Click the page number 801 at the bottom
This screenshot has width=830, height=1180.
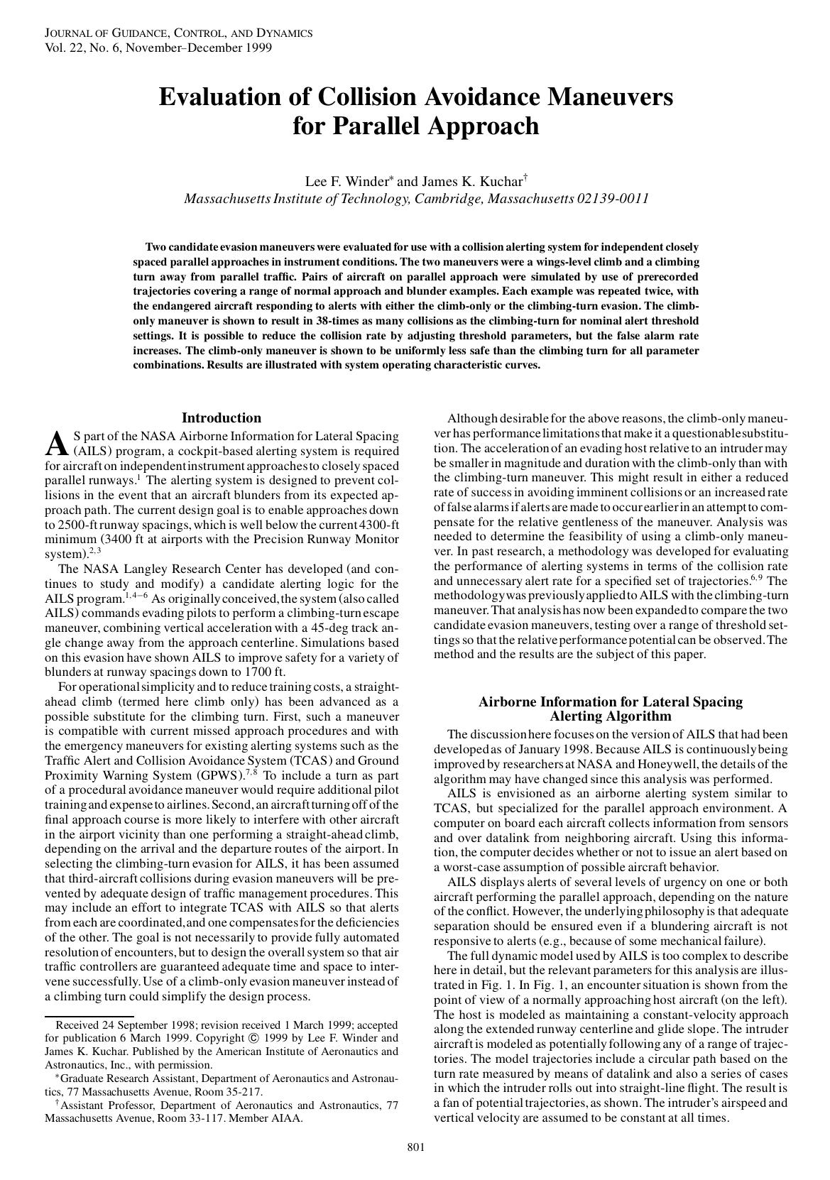coord(415,1147)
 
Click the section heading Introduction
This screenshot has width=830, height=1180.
coord(222,418)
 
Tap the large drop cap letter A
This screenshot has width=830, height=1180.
coord(55,444)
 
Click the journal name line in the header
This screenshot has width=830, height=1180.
coord(178,33)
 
